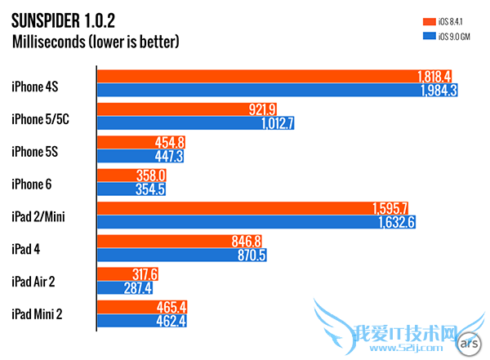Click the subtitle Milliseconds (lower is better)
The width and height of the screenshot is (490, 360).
tap(96, 41)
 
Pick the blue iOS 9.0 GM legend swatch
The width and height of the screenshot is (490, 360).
tap(427, 36)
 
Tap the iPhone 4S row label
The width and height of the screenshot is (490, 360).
tap(35, 83)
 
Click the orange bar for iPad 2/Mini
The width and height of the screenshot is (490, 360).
tap(237, 207)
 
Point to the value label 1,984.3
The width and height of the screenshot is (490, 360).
tap(436, 91)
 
